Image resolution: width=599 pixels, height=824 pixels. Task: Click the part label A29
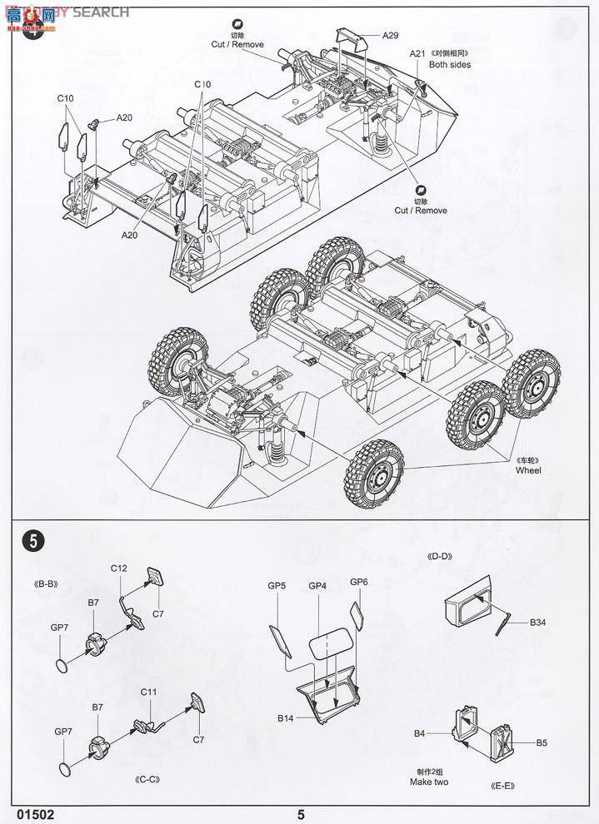click(x=391, y=35)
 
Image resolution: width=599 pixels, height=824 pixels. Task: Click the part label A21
click(x=417, y=53)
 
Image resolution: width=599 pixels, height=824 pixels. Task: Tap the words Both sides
click(x=450, y=64)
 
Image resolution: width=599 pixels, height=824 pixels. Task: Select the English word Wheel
click(x=528, y=470)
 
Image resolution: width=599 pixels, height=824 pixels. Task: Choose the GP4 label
click(x=317, y=586)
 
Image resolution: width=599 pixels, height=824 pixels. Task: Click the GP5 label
click(x=277, y=586)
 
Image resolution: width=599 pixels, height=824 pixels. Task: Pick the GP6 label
click(x=359, y=581)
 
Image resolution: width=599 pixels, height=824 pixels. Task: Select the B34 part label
click(x=540, y=622)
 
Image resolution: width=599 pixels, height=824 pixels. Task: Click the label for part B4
click(x=421, y=733)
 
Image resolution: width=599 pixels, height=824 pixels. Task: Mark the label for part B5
click(x=541, y=742)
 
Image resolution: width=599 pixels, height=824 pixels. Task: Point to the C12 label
click(x=118, y=568)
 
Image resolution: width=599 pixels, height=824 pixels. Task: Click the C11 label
click(x=149, y=692)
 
